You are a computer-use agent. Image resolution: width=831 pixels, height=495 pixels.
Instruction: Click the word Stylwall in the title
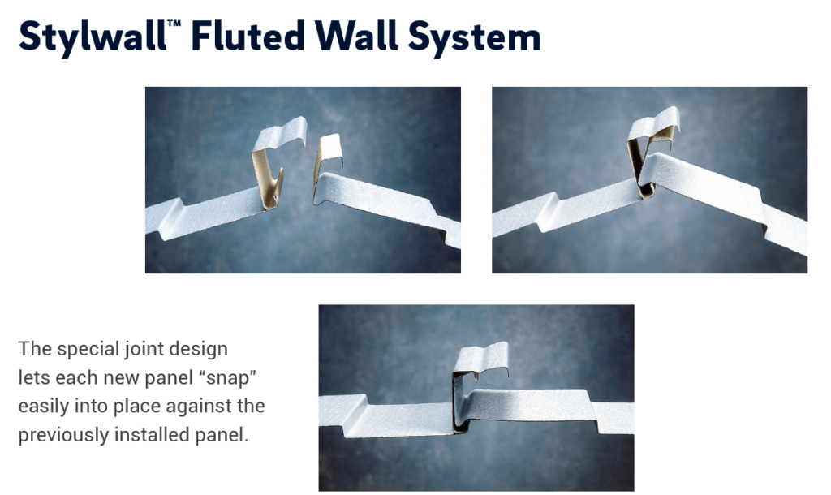click(x=93, y=37)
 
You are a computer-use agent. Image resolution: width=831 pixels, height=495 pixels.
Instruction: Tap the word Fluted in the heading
click(x=248, y=36)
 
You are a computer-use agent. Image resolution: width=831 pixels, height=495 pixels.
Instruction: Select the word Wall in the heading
click(x=355, y=36)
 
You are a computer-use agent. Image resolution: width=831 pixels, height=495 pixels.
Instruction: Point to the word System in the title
click(x=474, y=38)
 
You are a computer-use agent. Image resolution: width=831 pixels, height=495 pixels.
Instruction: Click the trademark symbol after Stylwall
click(x=174, y=24)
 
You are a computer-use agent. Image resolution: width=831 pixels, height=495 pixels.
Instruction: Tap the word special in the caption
click(x=88, y=349)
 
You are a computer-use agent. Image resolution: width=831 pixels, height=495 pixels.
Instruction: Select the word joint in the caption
click(x=142, y=349)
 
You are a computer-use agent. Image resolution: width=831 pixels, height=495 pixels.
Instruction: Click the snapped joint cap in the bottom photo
click(x=480, y=366)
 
